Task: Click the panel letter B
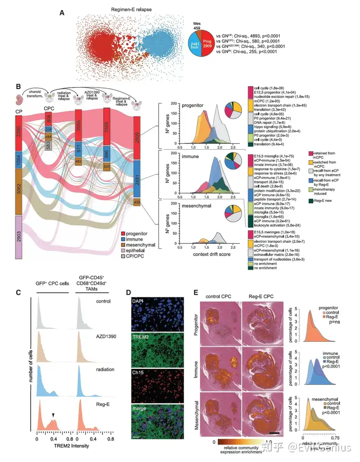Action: pos(18,87)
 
